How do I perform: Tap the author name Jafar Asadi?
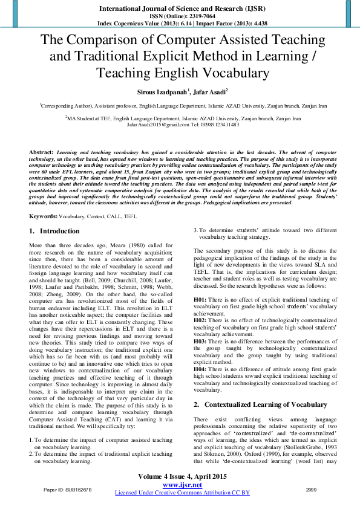coord(211,92)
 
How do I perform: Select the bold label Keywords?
coord(44,216)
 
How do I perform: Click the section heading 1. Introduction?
coord(54,231)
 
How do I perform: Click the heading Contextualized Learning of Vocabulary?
coord(267,387)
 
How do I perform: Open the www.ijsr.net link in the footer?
coord(182,485)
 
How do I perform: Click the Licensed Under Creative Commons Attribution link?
coord(182,493)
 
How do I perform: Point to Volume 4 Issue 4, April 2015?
coord(181,477)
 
